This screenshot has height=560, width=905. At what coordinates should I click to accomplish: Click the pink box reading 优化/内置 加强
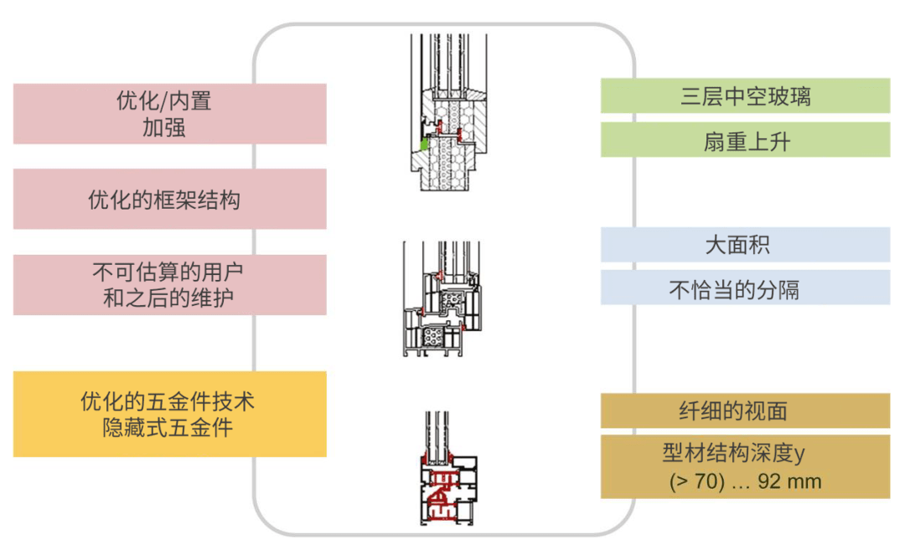click(x=169, y=114)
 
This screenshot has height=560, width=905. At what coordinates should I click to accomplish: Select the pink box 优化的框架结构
click(x=169, y=199)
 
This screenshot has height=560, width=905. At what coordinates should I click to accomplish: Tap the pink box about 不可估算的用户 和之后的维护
click(x=169, y=285)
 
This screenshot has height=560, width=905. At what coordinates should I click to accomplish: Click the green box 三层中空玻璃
click(x=745, y=96)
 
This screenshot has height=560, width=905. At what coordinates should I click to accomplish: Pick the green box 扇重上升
click(x=745, y=140)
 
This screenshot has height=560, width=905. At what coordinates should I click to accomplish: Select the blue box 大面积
click(x=745, y=245)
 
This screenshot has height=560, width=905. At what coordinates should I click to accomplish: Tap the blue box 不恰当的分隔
click(x=745, y=288)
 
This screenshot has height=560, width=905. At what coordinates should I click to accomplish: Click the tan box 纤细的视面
click(x=745, y=411)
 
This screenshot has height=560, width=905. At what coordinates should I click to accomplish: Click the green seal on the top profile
click(x=424, y=144)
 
